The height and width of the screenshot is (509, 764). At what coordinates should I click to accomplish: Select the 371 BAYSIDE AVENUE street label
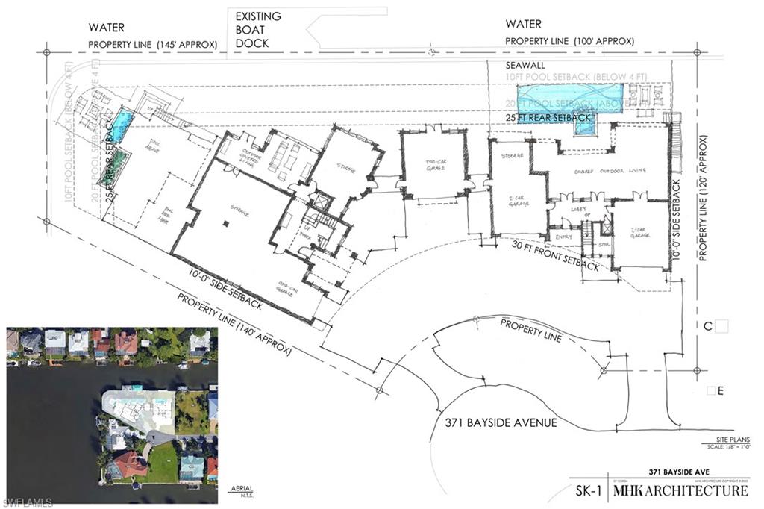[496, 423]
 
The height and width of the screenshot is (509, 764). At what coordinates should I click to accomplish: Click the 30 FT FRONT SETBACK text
[555, 255]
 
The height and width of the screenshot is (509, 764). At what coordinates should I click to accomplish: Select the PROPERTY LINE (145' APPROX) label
[152, 45]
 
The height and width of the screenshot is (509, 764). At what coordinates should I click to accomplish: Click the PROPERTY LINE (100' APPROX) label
[570, 41]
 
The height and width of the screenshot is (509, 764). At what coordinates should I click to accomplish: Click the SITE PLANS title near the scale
[730, 439]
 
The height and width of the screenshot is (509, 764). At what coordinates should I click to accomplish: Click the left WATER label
[107, 28]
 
